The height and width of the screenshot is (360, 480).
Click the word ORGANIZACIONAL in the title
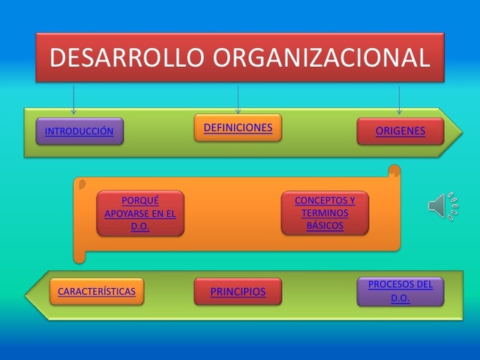pos(324,58)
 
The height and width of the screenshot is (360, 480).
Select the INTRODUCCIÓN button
pos(79,131)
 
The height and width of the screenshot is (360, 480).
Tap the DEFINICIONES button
pos(238,127)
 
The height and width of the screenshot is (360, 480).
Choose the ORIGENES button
pos(400,131)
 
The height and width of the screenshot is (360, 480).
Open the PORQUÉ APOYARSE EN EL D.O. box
pos(140,213)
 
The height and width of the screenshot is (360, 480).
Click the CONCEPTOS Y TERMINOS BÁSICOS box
pos(325,213)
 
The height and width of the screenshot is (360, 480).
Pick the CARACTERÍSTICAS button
pos(97,291)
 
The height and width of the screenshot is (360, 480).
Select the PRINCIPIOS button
pos(238,292)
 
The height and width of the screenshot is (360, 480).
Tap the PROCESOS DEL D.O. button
pos(400,291)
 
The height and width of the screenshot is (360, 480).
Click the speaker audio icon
pos(443,206)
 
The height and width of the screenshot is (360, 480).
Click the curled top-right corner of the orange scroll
pos(393,172)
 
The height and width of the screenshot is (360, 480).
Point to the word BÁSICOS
pos(325,225)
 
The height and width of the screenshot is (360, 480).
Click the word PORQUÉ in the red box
pos(140,200)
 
